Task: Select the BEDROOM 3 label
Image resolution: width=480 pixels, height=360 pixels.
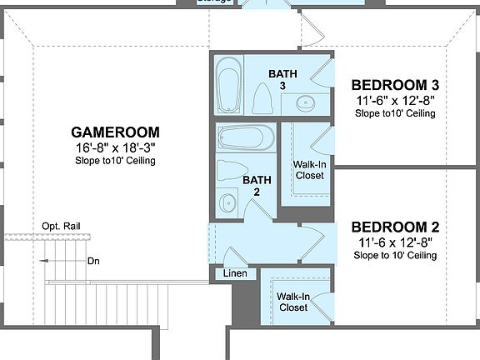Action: [395, 85]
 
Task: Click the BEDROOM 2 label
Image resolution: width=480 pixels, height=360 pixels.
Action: [395, 227]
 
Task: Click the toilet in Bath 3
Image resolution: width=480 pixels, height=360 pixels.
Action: [262, 99]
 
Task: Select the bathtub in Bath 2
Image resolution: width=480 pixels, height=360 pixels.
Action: [245, 138]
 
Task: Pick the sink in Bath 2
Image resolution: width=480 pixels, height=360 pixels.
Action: [227, 202]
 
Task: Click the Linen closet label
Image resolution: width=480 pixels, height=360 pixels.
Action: [232, 274]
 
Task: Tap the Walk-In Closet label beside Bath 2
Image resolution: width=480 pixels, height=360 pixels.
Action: [310, 170]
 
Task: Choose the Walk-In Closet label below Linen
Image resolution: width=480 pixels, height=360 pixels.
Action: [292, 302]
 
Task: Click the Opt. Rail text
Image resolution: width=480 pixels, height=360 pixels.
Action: [61, 227]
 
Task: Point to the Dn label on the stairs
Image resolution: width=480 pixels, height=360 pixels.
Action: [93, 261]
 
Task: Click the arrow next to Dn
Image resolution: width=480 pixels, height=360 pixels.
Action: [63, 261]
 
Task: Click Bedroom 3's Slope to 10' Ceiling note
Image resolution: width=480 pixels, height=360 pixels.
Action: [395, 113]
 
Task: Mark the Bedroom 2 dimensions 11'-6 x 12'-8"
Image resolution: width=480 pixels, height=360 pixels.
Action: [395, 242]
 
